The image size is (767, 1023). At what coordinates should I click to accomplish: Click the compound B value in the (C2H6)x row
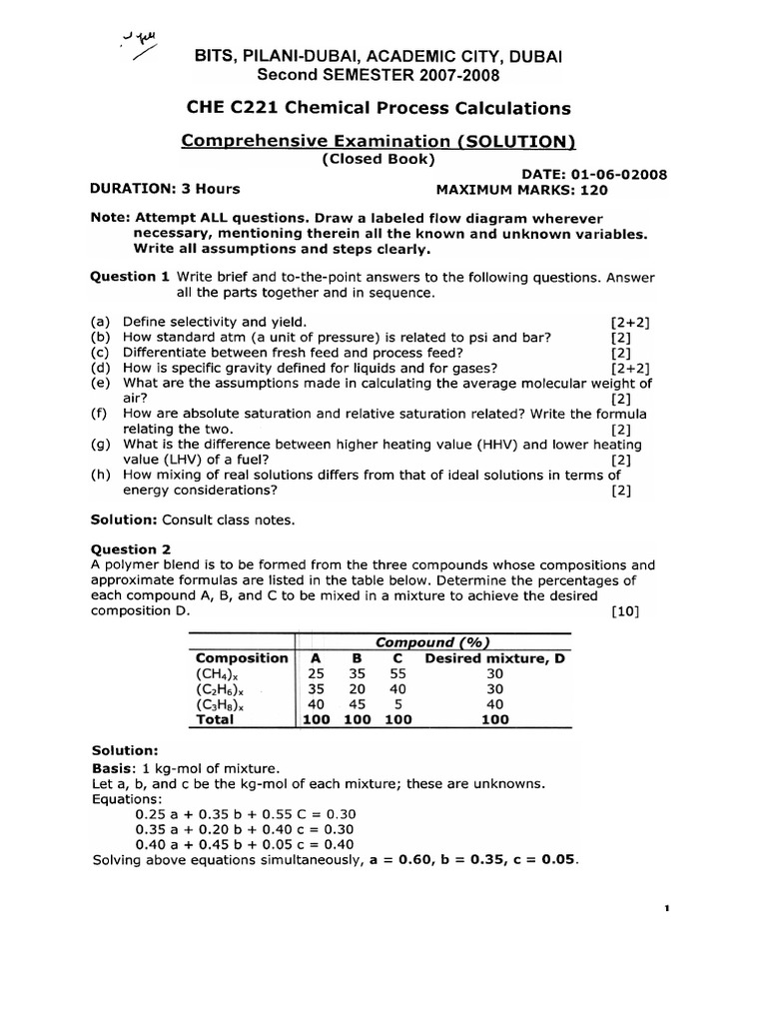tap(357, 689)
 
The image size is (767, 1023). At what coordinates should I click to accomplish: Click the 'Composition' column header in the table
tap(242, 658)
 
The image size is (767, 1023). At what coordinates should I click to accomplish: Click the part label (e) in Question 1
tap(99, 384)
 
